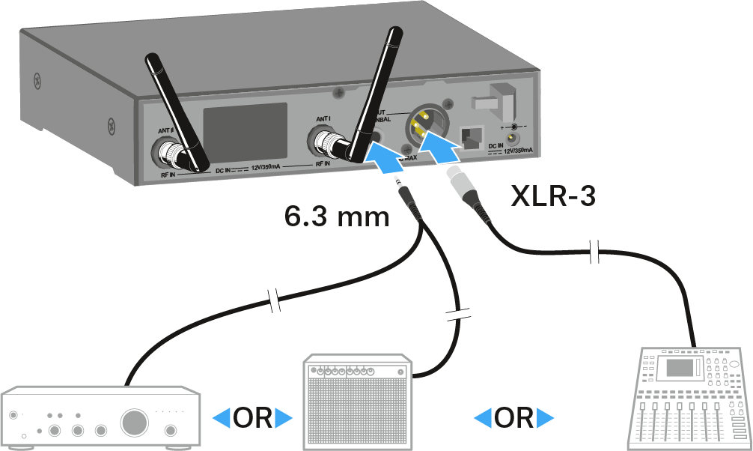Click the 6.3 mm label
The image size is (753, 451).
pos(337,217)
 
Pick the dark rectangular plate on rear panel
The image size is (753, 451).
pos(246,132)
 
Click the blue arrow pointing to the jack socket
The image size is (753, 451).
pos(385,156)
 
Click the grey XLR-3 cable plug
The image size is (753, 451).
pos(463,187)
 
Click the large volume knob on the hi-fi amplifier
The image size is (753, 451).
pos(135,422)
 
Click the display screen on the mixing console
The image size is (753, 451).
pos(681,368)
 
